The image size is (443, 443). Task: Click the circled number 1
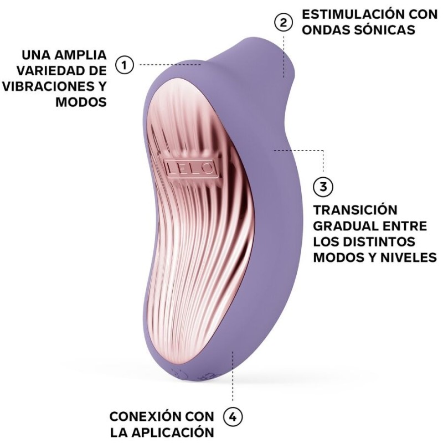click(x=125, y=65)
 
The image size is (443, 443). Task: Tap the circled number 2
click(x=283, y=22)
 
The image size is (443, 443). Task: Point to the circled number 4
click(x=233, y=416)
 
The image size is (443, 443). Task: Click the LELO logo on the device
click(x=189, y=167)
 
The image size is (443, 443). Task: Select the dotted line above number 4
click(x=233, y=382)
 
